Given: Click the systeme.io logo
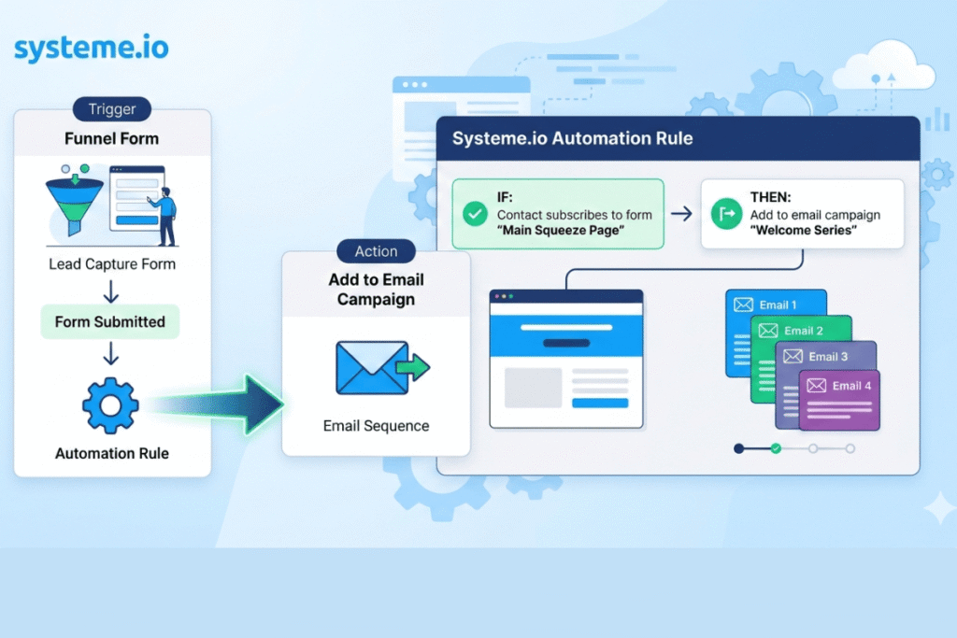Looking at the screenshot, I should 92,48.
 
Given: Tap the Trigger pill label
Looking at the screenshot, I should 111,109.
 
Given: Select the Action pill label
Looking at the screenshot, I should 375,251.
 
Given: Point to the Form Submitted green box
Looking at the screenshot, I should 110,322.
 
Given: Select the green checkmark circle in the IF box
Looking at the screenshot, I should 475,215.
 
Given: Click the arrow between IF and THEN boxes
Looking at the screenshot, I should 681,214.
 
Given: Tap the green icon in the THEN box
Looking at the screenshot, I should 725,215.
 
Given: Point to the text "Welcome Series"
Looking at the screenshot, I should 803,231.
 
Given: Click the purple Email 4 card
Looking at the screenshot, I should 839,401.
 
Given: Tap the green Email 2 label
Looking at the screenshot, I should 804,331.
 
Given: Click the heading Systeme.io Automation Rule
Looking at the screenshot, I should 572,138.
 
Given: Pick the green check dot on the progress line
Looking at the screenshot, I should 775,448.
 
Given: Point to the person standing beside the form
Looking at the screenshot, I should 165,216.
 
